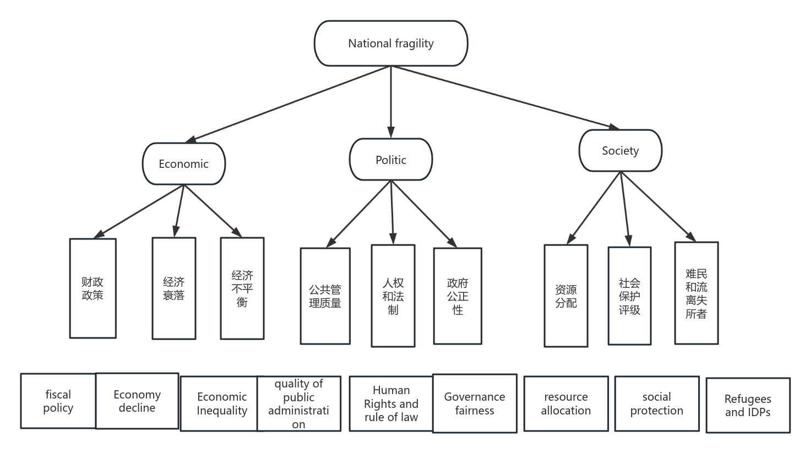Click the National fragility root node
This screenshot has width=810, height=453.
coord(390,43)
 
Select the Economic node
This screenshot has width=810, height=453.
coord(183,164)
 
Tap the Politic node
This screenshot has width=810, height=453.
coord(390,160)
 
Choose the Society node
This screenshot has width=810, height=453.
coord(620,151)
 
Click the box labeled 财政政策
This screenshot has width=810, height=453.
coord(93,288)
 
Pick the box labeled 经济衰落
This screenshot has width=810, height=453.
coord(173,288)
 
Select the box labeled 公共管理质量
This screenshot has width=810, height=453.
coord(325,296)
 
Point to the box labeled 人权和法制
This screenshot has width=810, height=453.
coord(393,296)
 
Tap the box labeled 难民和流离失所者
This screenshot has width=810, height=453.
coord(696,293)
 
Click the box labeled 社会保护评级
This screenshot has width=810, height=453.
coord(629,296)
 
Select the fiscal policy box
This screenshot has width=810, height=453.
coord(58,401)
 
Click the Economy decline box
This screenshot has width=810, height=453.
coord(137,401)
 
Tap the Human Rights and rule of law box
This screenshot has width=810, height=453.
coord(390,403)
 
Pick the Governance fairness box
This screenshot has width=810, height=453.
coord(474,403)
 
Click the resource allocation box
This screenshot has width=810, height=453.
coord(566,403)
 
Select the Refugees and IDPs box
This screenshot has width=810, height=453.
coord(747,405)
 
